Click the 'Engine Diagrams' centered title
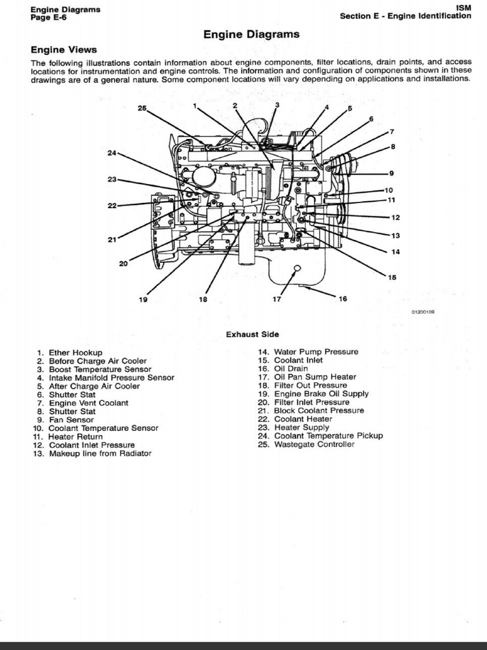(x=251, y=35)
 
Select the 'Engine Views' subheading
(x=63, y=50)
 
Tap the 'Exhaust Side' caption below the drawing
(x=252, y=335)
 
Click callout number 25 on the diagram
(x=142, y=108)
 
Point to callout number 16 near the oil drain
(x=342, y=299)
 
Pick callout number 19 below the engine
(x=143, y=300)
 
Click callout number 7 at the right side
(x=392, y=132)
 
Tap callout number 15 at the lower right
(x=392, y=277)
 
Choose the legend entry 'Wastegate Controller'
(x=314, y=444)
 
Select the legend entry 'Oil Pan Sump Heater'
(x=315, y=377)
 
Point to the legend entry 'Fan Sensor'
(x=71, y=420)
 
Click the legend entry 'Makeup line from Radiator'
(x=100, y=454)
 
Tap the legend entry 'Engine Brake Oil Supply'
(x=321, y=394)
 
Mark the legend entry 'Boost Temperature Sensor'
(x=100, y=369)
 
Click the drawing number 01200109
(x=422, y=312)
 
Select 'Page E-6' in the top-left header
(x=48, y=17)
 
